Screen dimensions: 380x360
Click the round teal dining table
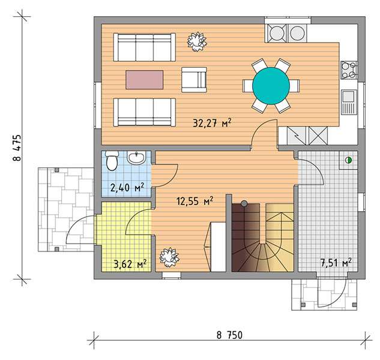click(271, 86)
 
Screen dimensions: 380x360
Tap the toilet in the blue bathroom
click(112, 160)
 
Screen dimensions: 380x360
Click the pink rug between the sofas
click(145, 80)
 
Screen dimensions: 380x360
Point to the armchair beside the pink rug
click(194, 80)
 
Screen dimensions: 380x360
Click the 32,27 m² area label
click(212, 123)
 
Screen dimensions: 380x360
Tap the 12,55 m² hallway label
click(195, 201)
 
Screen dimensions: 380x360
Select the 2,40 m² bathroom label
click(127, 187)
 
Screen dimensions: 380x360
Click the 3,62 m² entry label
click(130, 264)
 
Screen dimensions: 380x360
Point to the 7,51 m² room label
click(336, 262)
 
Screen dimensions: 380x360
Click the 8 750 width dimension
click(229, 335)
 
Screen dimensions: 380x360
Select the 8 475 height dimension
click(17, 148)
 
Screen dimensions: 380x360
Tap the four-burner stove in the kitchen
click(349, 70)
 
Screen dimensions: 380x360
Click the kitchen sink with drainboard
click(349, 102)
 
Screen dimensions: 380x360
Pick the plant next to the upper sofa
click(197, 41)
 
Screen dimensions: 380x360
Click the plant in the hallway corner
click(169, 257)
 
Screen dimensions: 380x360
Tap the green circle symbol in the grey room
click(348, 160)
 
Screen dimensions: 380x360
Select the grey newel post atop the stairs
click(244, 203)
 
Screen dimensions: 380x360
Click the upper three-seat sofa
click(145, 47)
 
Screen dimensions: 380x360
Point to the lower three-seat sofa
click(145, 112)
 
